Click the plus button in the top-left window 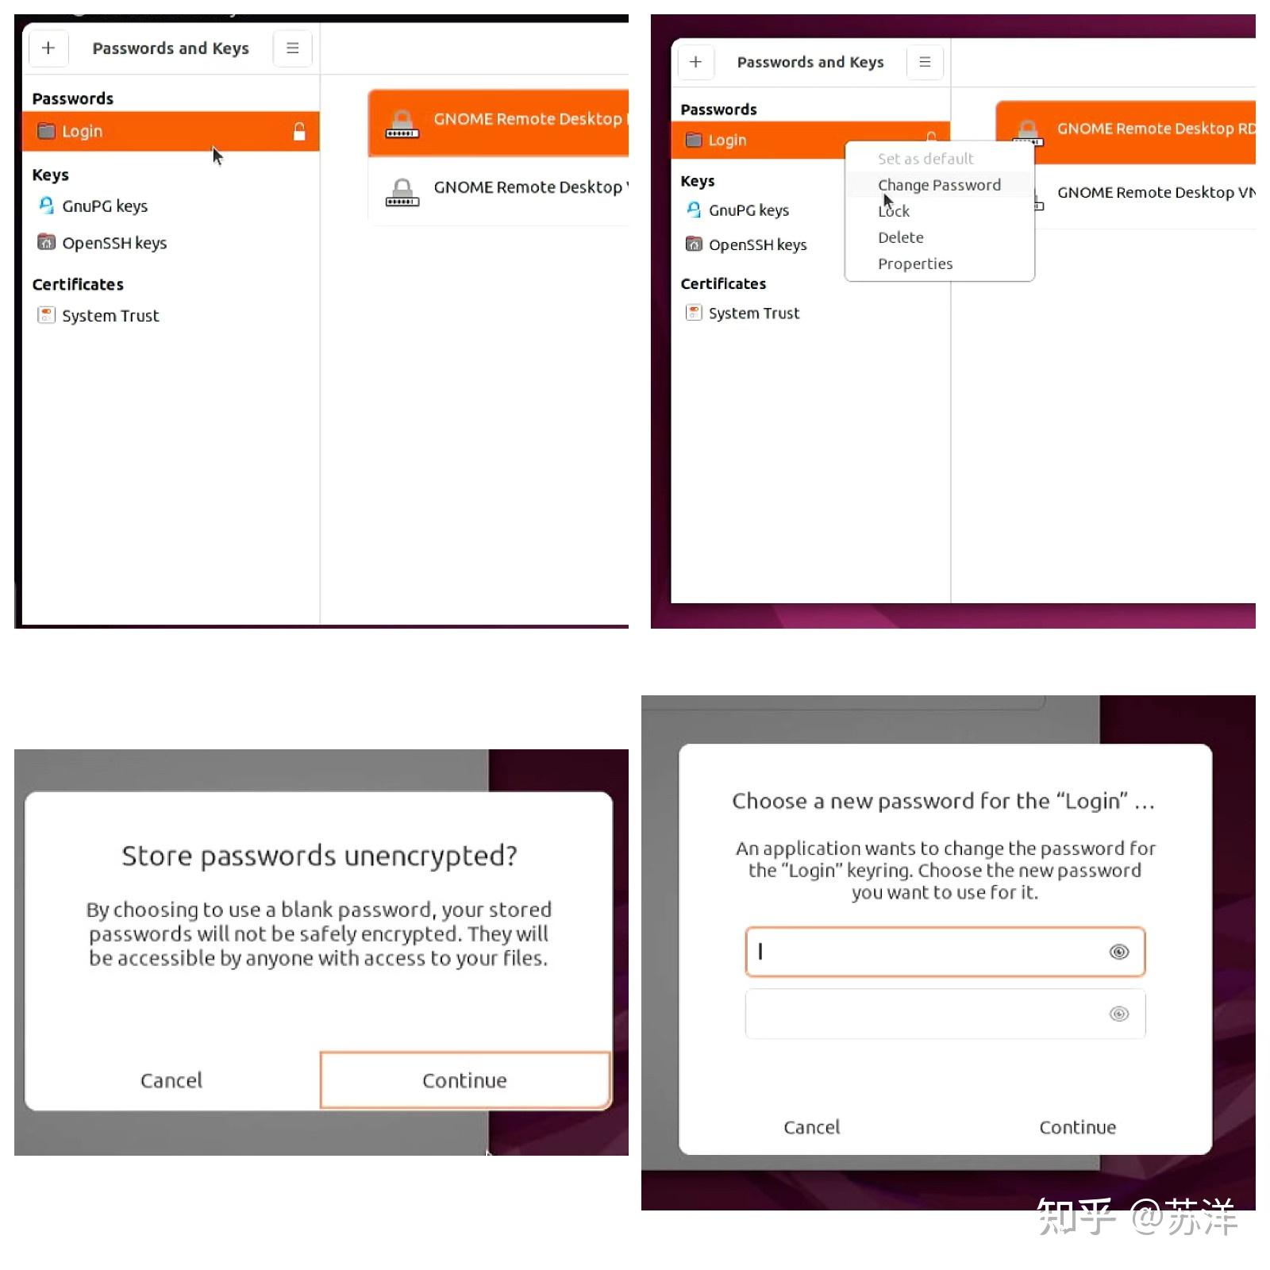point(48,48)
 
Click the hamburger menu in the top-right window point(925,62)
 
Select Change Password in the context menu point(939,185)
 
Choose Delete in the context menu point(901,237)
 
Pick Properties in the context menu point(915,264)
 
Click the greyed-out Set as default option point(926,159)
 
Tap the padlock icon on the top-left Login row point(299,132)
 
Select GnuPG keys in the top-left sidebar point(105,206)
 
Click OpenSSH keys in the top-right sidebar point(757,244)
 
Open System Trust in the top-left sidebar point(110,316)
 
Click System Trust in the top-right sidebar point(754,314)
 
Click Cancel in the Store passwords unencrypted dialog point(171,1080)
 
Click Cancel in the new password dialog point(811,1127)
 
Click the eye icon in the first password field point(1119,952)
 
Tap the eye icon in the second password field point(1119,1014)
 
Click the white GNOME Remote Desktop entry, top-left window point(498,190)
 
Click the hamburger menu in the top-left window point(293,48)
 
